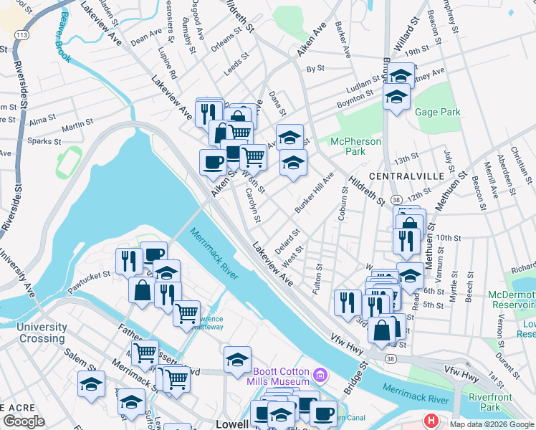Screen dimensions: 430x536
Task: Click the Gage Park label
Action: click(x=437, y=113)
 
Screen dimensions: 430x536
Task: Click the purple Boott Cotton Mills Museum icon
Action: click(x=321, y=373)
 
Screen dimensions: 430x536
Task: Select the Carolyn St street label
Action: click(x=255, y=205)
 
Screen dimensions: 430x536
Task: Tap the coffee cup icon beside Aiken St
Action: click(x=212, y=162)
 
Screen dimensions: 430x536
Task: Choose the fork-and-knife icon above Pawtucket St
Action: click(x=129, y=259)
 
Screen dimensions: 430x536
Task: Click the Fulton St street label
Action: click(x=317, y=278)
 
